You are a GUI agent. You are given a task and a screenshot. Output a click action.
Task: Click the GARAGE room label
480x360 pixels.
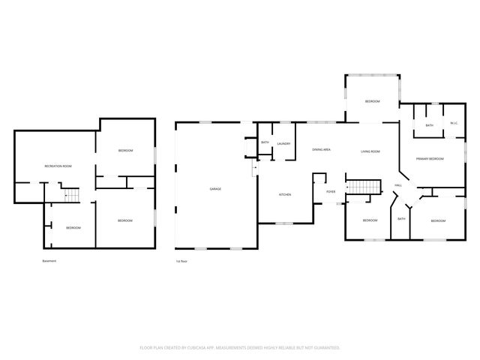215,188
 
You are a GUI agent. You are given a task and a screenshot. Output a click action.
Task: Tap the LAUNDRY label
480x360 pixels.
283,143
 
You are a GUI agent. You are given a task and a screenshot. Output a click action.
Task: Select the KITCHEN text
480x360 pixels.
285,195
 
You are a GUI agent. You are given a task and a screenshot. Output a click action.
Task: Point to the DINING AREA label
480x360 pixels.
322,151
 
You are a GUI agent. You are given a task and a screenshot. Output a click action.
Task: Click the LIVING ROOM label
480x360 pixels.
370,151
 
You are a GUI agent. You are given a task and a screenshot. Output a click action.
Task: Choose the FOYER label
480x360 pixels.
330,192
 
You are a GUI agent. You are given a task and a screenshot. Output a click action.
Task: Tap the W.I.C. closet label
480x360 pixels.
454,124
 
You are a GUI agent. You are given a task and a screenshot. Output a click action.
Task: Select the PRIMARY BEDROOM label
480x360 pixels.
430,159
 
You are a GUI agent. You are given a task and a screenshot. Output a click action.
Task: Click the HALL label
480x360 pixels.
398,185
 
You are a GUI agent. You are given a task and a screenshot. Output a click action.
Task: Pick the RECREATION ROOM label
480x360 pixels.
58,165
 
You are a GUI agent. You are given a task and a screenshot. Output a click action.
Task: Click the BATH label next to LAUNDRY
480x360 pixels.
265,143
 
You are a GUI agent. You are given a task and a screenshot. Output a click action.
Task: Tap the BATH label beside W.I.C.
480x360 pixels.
429,125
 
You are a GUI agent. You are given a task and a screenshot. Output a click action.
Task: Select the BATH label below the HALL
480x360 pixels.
401,219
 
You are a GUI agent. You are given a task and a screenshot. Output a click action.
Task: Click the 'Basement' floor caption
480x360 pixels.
49,261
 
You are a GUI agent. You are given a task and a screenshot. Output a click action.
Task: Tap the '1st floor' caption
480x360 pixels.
181,261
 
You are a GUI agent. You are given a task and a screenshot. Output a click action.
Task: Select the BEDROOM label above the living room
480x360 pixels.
373,101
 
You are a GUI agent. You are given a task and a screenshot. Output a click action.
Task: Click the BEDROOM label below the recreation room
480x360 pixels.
73,227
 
